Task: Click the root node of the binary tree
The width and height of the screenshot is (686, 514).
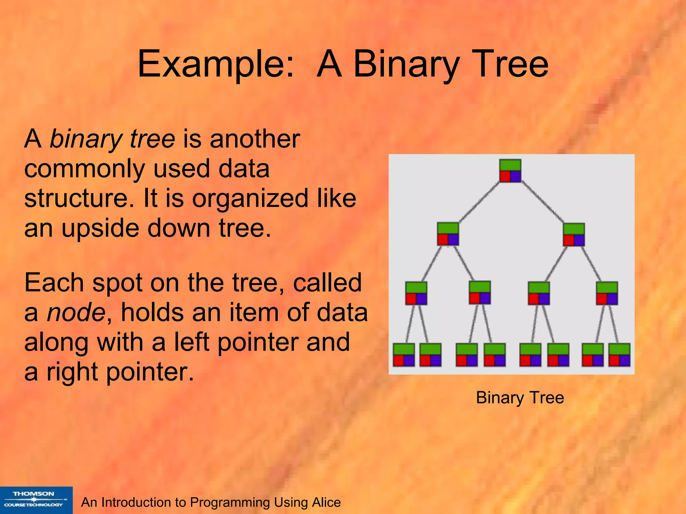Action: tap(510, 171)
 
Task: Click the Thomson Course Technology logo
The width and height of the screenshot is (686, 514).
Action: tap(36, 500)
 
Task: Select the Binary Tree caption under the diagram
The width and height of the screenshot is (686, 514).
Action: tap(520, 398)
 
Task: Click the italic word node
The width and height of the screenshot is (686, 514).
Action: tap(76, 312)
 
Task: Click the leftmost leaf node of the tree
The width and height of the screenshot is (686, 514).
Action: tap(404, 355)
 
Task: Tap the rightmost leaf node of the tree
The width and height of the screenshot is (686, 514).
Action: tap(619, 355)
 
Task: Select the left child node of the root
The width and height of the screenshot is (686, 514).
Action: tap(448, 234)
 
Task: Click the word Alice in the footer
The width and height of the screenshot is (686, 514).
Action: tap(326, 502)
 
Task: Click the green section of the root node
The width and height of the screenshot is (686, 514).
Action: tap(510, 165)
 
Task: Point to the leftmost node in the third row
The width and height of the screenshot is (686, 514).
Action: tap(416, 293)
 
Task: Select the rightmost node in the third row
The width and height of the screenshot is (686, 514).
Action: tap(607, 293)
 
